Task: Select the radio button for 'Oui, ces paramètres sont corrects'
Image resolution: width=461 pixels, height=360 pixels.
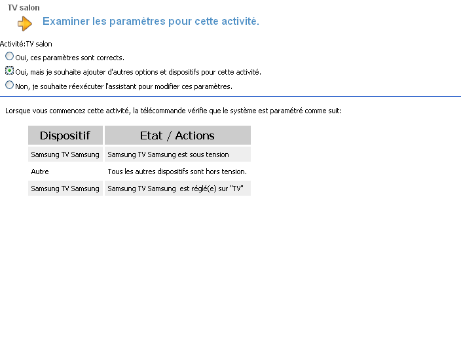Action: (x=9, y=57)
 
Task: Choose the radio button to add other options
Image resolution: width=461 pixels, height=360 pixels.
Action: (x=9, y=71)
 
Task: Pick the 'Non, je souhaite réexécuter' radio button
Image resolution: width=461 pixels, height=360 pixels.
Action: (x=9, y=85)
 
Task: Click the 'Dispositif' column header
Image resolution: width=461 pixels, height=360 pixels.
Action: (x=65, y=135)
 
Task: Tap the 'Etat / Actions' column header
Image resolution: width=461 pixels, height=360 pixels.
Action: (x=177, y=135)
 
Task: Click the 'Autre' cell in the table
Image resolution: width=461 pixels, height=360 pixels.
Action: (x=40, y=171)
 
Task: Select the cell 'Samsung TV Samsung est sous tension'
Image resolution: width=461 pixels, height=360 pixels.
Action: (x=168, y=154)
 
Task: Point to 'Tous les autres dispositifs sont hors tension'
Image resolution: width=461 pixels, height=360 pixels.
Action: (x=177, y=171)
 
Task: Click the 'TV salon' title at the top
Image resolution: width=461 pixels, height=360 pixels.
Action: (x=24, y=8)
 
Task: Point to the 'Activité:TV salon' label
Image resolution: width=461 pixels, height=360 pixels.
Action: (x=26, y=44)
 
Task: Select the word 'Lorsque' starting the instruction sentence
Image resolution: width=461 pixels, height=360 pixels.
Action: (x=17, y=111)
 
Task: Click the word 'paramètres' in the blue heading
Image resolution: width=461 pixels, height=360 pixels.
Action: (x=134, y=22)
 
